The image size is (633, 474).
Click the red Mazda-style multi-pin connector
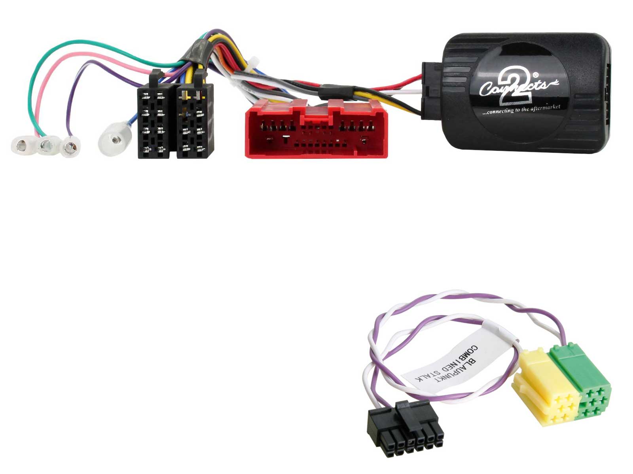316,129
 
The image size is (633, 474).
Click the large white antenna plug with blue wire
115,139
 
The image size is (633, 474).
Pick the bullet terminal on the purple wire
70,148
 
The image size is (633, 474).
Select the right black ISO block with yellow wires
195,118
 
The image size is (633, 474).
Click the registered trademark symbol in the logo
536,75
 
